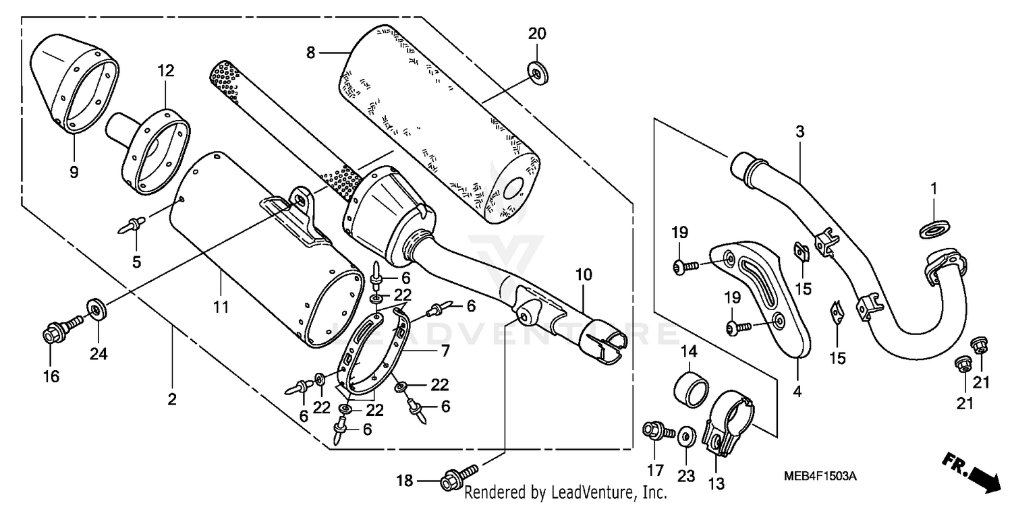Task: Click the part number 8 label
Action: coord(310,53)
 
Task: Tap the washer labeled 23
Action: coord(685,436)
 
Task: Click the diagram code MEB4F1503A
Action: coord(820,477)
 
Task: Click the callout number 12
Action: coord(166,70)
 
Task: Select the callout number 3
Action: coord(799,132)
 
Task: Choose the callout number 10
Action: coord(584,274)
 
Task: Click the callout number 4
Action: coord(797,390)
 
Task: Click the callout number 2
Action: coord(172,400)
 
